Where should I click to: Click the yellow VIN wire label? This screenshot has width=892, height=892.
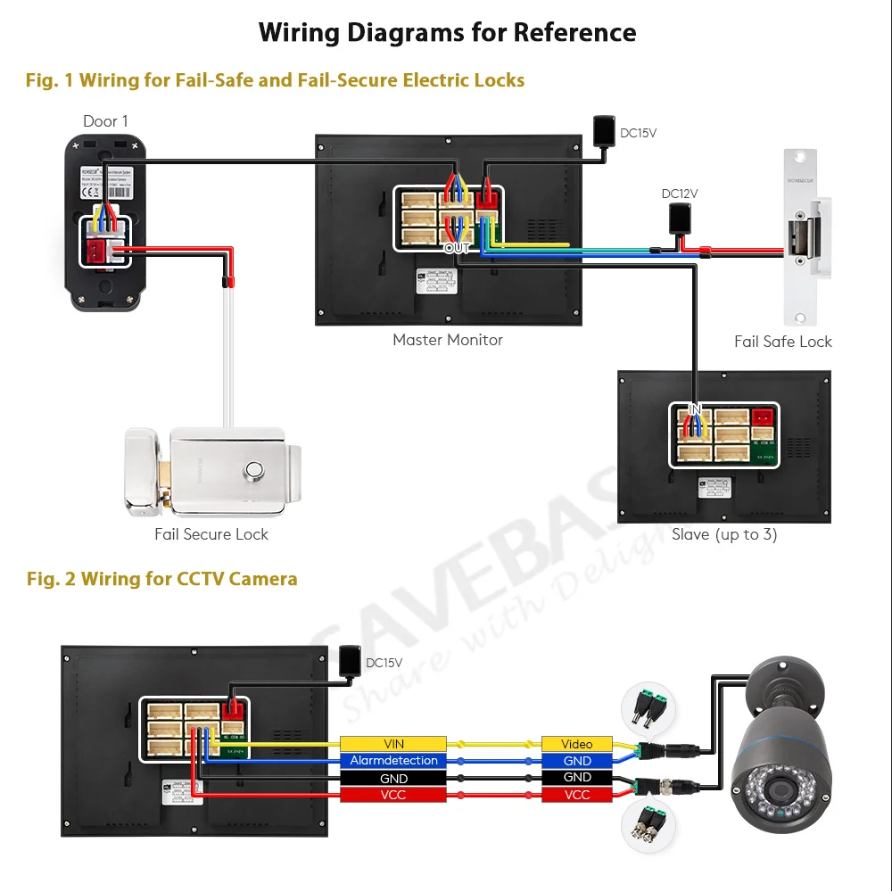coord(393,744)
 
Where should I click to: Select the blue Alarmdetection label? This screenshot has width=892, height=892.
coord(393,761)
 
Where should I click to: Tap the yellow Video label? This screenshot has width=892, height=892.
coord(577,744)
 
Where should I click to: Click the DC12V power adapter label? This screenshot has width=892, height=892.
coord(680,194)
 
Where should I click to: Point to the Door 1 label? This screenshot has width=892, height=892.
coord(106,121)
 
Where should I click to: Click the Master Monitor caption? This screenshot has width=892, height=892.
coord(448,340)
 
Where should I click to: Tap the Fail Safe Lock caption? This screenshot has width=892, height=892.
coord(782,342)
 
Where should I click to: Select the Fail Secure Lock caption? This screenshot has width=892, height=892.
coord(211,534)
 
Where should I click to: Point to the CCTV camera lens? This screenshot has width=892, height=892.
coord(778,790)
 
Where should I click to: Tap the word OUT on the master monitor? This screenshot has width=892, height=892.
coord(456,248)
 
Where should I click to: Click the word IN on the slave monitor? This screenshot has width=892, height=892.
coord(695,409)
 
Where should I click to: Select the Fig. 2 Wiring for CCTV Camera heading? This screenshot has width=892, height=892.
coord(161,579)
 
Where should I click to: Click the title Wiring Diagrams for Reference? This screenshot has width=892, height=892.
coord(447,33)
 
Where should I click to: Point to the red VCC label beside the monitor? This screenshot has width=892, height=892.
coord(393,795)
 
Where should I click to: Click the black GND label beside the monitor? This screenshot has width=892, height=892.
coord(393,778)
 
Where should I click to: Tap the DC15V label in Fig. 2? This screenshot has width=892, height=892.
coord(384,663)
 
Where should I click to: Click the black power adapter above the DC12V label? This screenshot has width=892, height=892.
coord(680,217)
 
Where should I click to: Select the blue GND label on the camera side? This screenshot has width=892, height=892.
coord(577,761)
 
